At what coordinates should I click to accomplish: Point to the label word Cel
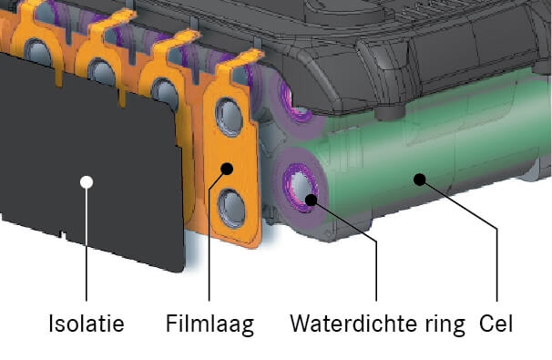tap(497, 324)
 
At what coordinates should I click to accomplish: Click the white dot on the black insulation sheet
tap(86, 181)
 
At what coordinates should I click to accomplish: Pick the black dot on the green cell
tap(418, 179)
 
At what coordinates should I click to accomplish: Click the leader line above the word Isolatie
tap(86, 246)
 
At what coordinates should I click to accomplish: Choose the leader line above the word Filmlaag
tap(211, 246)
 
